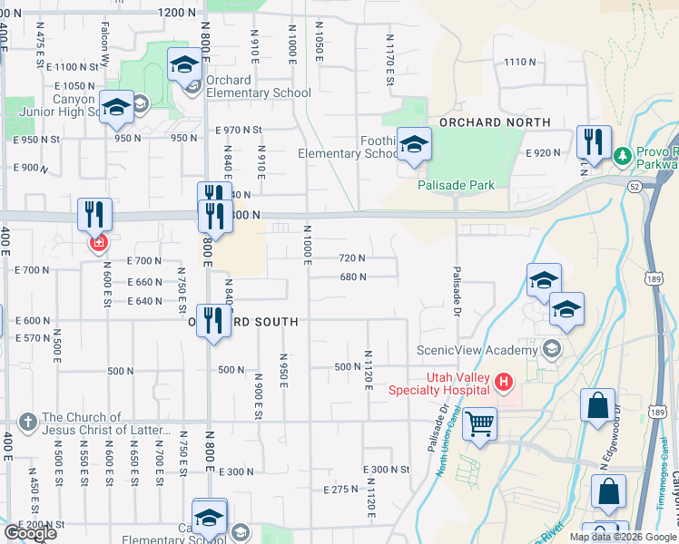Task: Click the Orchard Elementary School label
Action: click(x=258, y=86)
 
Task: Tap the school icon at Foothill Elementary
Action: click(x=414, y=145)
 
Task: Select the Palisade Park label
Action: click(x=456, y=185)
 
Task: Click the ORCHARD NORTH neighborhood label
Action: click(x=495, y=122)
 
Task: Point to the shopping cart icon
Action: click(x=479, y=423)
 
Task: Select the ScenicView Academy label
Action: click(x=477, y=350)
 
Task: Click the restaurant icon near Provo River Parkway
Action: click(x=590, y=142)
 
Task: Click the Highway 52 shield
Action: click(x=632, y=185)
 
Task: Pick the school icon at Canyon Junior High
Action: click(x=116, y=108)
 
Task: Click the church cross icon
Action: click(x=28, y=423)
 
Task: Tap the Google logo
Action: click(x=29, y=533)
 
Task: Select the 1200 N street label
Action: click(x=176, y=13)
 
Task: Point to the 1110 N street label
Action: click(x=520, y=62)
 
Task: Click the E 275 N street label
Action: click(x=341, y=490)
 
